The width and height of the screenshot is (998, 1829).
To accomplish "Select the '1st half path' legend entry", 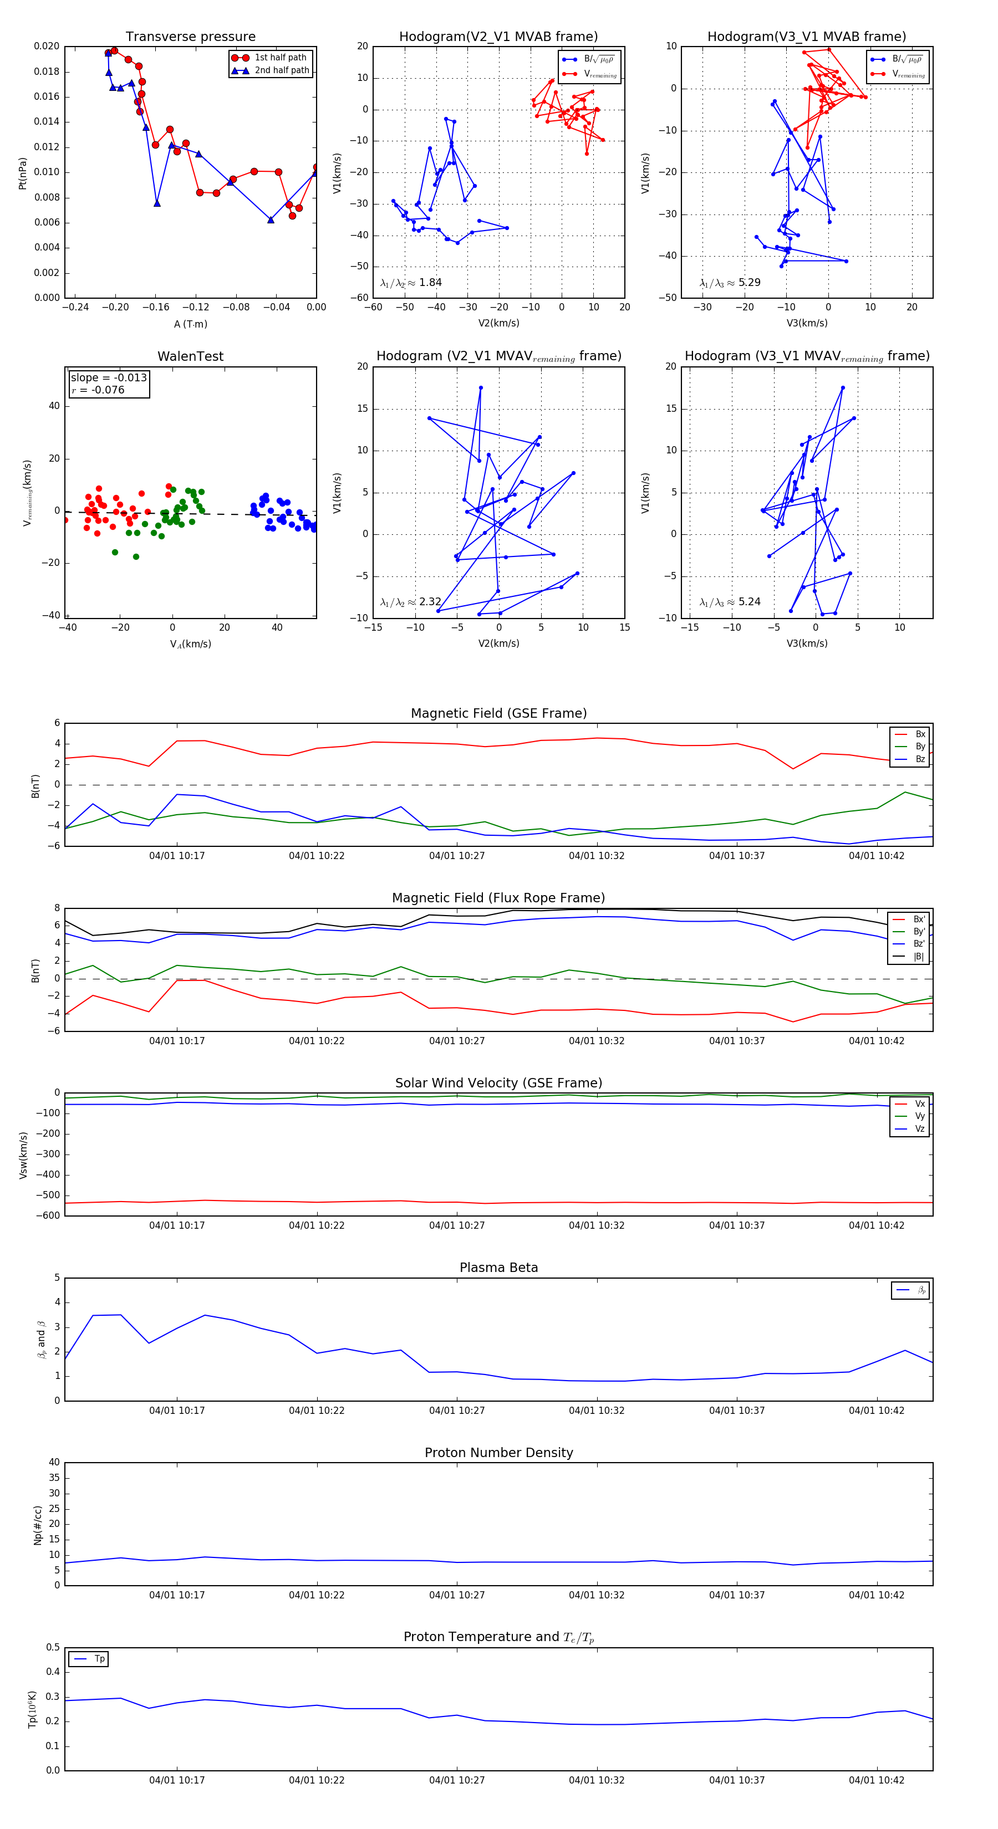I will (x=280, y=58).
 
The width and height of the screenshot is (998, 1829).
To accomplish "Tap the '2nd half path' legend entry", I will (x=281, y=70).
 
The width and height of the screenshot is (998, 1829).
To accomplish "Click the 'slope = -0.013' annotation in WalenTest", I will (x=109, y=378).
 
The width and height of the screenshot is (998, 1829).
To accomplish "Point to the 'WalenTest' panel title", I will (x=190, y=356).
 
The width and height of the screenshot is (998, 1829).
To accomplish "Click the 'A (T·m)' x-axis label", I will (x=190, y=324).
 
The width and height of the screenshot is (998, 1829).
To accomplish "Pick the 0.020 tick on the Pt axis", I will (x=47, y=46).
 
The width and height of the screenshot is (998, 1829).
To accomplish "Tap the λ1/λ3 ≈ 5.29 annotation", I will (x=730, y=283).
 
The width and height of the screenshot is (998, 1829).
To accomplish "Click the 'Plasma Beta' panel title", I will (x=498, y=1268).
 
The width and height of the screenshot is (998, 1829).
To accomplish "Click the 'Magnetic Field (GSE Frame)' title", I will (x=498, y=713).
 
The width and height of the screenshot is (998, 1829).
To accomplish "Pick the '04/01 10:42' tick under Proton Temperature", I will (x=877, y=1780).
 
